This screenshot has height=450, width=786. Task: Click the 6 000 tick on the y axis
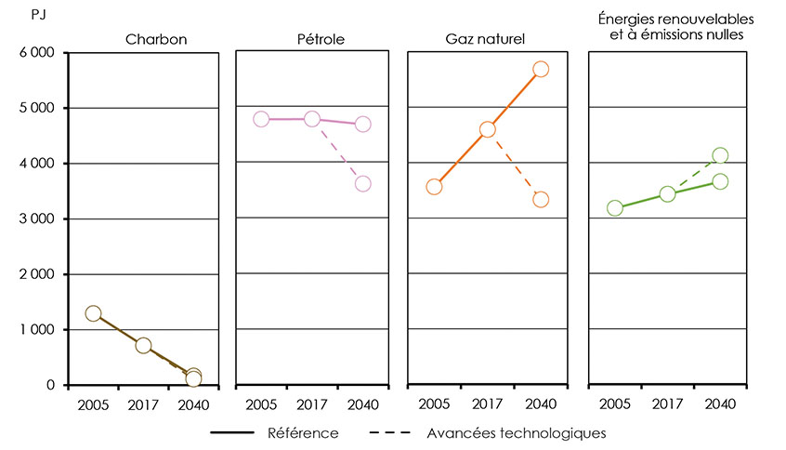36,53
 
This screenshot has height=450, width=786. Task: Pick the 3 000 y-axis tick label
36,219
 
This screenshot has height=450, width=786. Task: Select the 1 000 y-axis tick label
36,330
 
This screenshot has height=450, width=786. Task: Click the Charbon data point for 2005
93,313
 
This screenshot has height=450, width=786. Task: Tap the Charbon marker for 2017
143,345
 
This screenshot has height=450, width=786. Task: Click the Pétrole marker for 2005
261,119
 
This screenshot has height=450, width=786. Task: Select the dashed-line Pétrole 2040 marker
362,183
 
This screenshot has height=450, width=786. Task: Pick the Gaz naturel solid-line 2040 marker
541,69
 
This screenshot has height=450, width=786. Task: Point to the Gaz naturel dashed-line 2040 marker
541,199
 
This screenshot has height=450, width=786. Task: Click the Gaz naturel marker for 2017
487,129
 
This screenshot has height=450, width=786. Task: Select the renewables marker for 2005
614,207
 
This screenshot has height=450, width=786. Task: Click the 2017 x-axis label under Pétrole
312,404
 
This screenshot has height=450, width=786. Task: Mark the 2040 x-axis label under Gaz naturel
540,404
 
